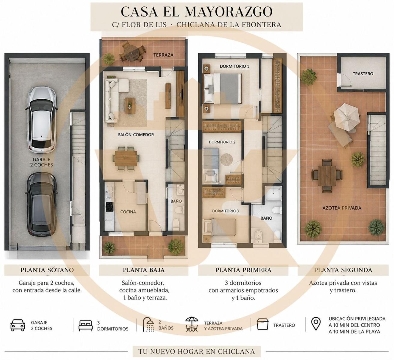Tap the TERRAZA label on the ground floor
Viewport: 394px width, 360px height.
tap(163, 55)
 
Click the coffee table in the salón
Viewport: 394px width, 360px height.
tap(130, 106)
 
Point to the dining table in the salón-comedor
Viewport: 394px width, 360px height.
tap(126, 158)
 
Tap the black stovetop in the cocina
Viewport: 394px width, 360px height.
tap(110, 207)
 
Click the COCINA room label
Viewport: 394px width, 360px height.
tap(128, 212)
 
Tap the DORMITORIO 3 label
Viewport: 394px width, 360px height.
tap(225, 211)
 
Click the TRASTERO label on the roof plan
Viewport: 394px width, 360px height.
tap(363, 74)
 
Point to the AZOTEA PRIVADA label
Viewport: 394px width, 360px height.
tap(342, 208)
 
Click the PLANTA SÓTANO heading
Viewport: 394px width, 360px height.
tap(47, 270)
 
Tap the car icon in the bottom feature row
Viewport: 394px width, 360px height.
tap(18, 325)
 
